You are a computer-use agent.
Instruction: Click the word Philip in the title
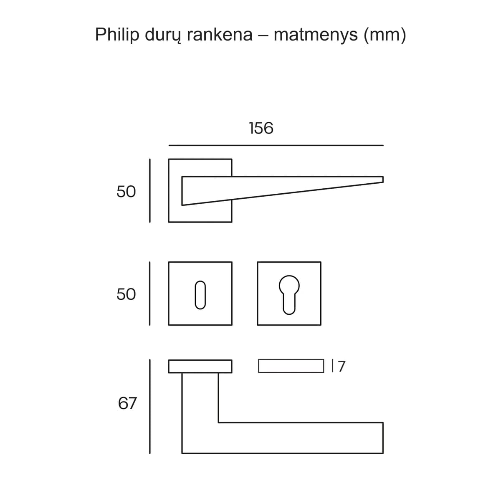117,35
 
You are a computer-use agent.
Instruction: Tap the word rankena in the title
220,35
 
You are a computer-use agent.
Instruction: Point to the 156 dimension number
261,128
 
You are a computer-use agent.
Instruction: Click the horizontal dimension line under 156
276,145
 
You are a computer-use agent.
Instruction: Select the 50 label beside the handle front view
126,192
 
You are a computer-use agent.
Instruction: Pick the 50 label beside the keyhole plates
126,294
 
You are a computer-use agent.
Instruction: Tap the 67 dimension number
127,403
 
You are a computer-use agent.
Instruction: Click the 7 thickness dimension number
342,366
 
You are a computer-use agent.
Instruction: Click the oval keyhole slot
200,295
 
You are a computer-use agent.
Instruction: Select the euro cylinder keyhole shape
289,295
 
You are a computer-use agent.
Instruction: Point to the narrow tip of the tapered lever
383,180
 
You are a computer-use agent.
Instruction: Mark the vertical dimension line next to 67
150,407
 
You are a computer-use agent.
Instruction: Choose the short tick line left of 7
332,366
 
